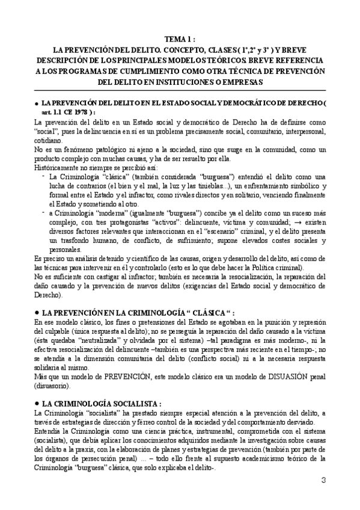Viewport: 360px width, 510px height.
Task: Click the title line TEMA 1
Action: point(180,39)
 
